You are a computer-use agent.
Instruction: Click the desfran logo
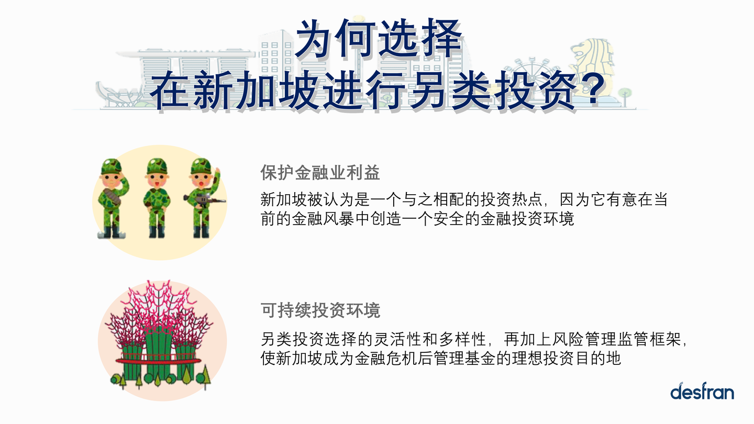[x=702, y=391]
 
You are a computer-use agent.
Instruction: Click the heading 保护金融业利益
[x=320, y=173]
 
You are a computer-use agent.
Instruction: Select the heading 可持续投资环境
[x=320, y=310]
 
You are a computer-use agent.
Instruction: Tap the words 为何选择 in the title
[x=379, y=40]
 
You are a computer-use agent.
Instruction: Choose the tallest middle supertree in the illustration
[x=158, y=335]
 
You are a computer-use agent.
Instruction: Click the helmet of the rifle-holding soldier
[x=201, y=166]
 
